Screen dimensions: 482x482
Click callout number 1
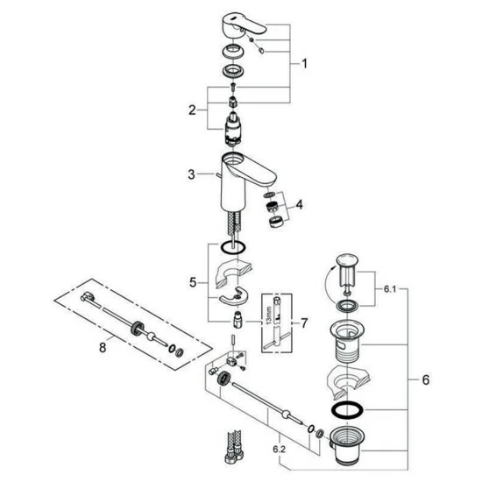click(304, 64)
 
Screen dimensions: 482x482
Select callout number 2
click(192, 110)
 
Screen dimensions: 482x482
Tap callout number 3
click(192, 174)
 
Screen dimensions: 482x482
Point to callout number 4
click(299, 205)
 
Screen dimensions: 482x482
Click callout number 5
click(193, 282)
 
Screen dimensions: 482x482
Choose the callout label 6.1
click(390, 289)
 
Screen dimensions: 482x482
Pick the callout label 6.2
click(279, 450)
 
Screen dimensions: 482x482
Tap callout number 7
click(304, 323)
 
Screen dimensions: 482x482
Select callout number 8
click(103, 348)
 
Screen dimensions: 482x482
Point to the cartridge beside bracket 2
click(234, 128)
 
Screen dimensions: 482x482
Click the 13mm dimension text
click(269, 315)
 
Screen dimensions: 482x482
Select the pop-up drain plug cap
click(347, 259)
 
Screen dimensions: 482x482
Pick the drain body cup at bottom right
click(346, 446)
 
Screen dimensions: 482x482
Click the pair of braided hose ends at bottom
click(234, 447)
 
